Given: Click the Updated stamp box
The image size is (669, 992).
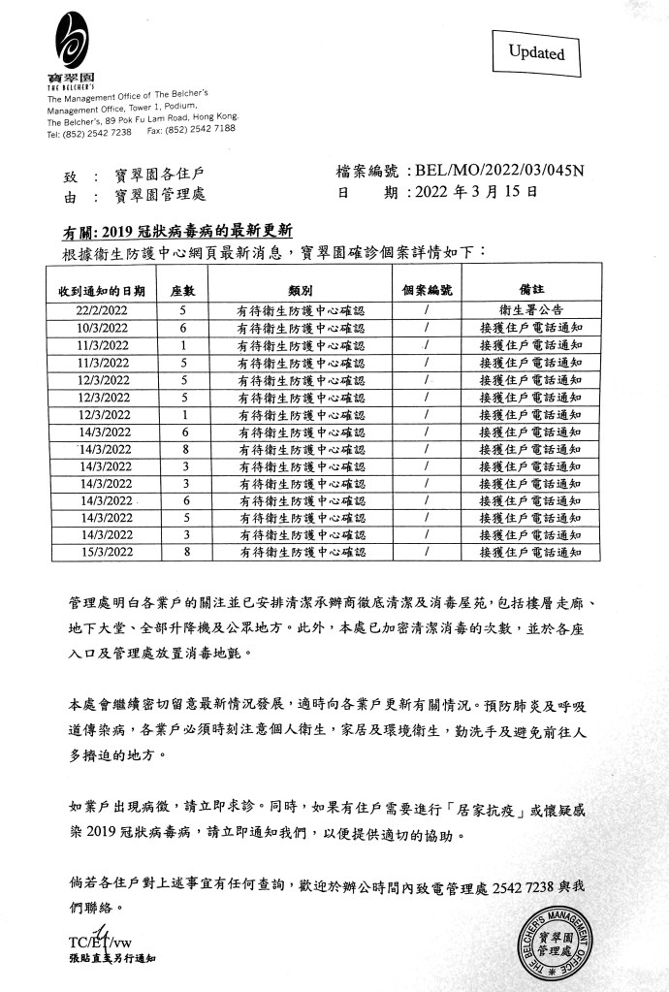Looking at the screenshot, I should pos(536,53).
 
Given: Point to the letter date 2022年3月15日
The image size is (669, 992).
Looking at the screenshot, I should pos(475,192).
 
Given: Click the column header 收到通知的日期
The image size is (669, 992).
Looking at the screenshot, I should pos(101,290).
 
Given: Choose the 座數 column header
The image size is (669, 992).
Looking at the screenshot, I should pos(183,290).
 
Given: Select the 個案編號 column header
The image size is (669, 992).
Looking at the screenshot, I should pos(427,290).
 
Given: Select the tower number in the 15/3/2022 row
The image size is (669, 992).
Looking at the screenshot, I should pos(183,552).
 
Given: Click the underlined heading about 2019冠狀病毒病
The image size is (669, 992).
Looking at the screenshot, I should pos(178,233).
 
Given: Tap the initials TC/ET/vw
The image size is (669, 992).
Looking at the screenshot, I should pos(98,941).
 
